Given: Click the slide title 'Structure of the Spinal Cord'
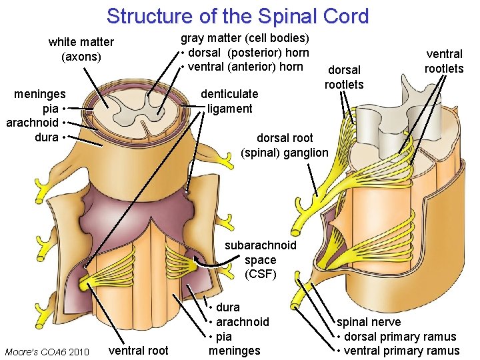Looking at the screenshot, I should point(237,15).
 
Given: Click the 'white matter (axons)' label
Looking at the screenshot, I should point(81,49).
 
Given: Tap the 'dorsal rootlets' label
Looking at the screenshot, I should point(344,77).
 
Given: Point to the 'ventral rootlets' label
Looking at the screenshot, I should point(444,61).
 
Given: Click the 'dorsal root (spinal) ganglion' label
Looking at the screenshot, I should point(285,145).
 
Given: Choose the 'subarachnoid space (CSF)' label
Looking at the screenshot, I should point(260,259).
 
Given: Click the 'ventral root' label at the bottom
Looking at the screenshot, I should point(138,350).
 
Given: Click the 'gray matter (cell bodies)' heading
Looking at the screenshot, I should point(245,38).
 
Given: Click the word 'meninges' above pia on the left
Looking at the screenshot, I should point(40,94).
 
